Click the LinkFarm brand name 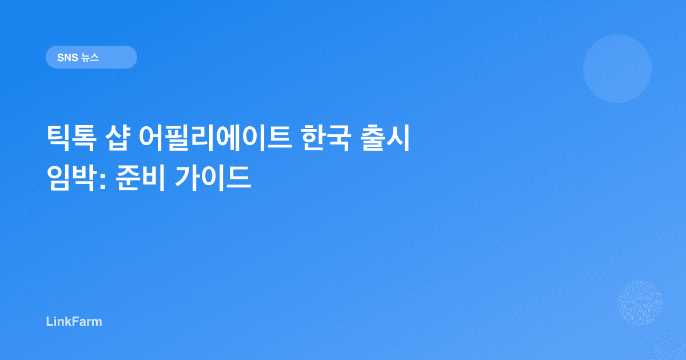tap(74, 321)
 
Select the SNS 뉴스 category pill tap(91, 57)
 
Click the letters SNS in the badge tap(67, 57)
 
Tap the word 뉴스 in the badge tap(90, 57)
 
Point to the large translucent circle tap(617, 69)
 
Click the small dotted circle tap(640, 303)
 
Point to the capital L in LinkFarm tap(49, 321)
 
